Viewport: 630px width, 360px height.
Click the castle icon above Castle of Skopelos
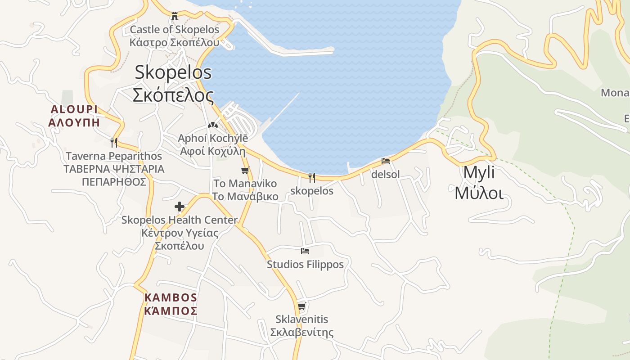coord(175,16)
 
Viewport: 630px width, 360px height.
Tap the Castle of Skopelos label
coord(175,36)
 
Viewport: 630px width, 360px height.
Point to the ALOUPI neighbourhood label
coord(74,116)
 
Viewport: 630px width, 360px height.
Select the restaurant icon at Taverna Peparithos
coord(114,143)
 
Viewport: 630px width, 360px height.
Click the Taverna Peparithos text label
coord(114,169)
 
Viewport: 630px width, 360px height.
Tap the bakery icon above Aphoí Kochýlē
coord(212,125)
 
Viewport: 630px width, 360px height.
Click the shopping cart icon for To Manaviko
coord(245,171)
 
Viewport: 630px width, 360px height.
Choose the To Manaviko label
coord(245,190)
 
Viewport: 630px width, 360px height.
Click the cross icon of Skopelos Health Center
coord(180,207)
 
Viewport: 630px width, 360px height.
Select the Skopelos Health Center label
coord(180,233)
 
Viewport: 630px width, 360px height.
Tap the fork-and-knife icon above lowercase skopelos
coord(311,177)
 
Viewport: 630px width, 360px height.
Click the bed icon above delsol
coord(386,161)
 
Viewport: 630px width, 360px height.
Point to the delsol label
coord(386,174)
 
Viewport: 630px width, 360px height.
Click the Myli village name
coord(479,182)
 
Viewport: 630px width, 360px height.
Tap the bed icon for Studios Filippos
coord(305,251)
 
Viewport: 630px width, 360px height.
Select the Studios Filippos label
coord(305,264)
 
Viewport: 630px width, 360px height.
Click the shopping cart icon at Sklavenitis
coord(301,306)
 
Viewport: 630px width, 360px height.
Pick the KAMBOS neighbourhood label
coord(171,304)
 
